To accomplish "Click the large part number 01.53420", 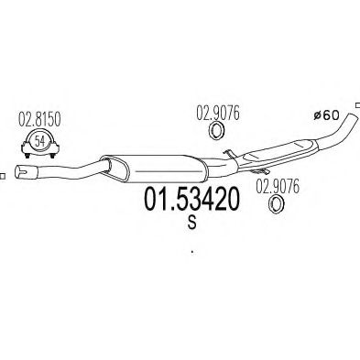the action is point(191,199).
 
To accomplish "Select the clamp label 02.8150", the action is point(39,119).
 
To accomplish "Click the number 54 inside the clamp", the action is point(39,141).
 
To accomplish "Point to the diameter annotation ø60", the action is point(327,115).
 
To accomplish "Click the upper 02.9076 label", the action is point(218,113).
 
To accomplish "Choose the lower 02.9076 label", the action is point(278,187).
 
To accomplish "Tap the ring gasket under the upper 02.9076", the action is point(216,131).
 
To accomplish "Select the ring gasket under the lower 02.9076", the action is point(276,205).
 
